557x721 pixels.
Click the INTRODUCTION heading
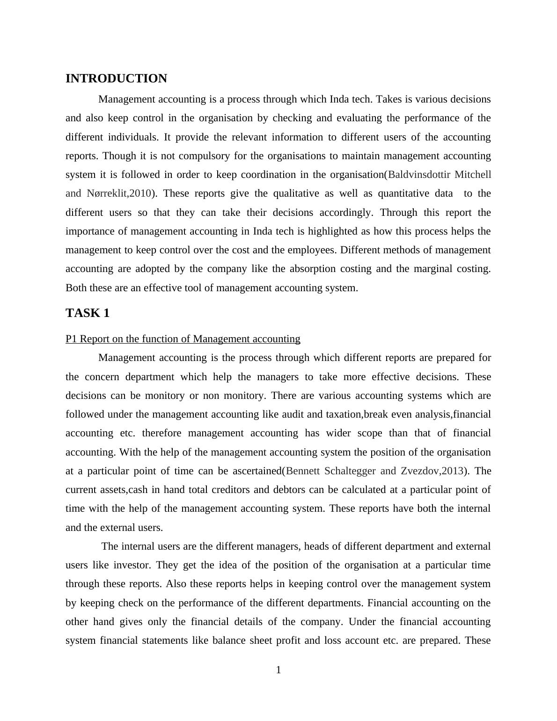tap(116, 79)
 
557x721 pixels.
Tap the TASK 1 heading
tap(88, 313)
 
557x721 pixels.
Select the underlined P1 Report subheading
tap(183, 339)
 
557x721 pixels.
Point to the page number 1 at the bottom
tap(278, 670)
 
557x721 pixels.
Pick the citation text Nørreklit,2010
tap(119, 193)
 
